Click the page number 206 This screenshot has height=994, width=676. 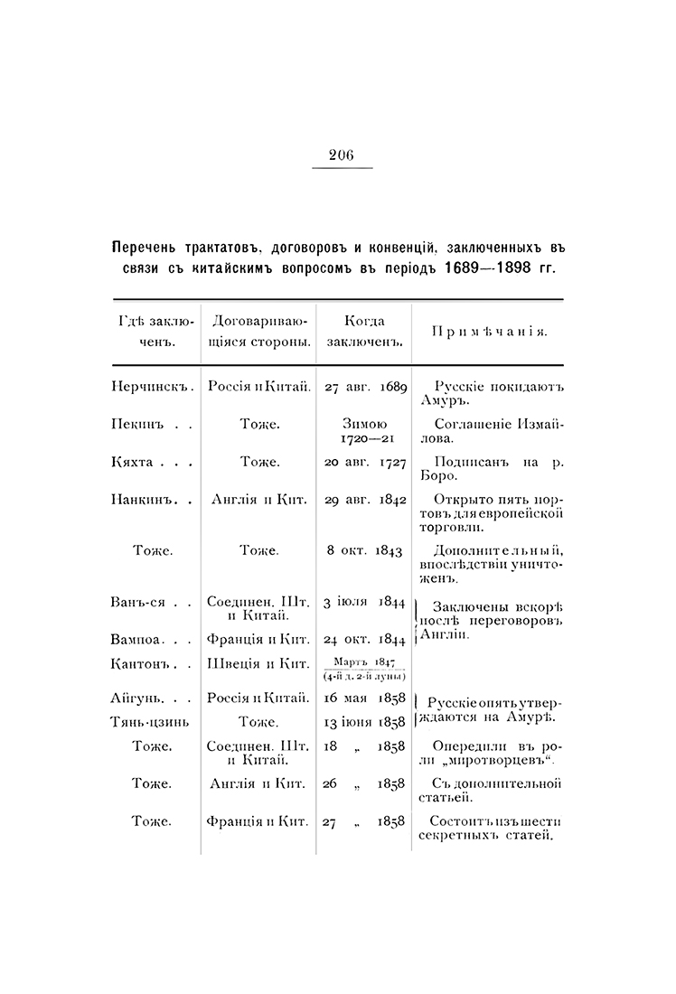[342, 155]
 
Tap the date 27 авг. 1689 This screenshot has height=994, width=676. [364, 386]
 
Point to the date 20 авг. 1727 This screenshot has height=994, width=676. [364, 461]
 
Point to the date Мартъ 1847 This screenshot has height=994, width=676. [364, 661]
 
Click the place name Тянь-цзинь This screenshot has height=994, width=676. [150, 721]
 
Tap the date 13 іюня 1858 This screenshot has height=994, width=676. [364, 721]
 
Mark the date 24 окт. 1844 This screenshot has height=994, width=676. [364, 638]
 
